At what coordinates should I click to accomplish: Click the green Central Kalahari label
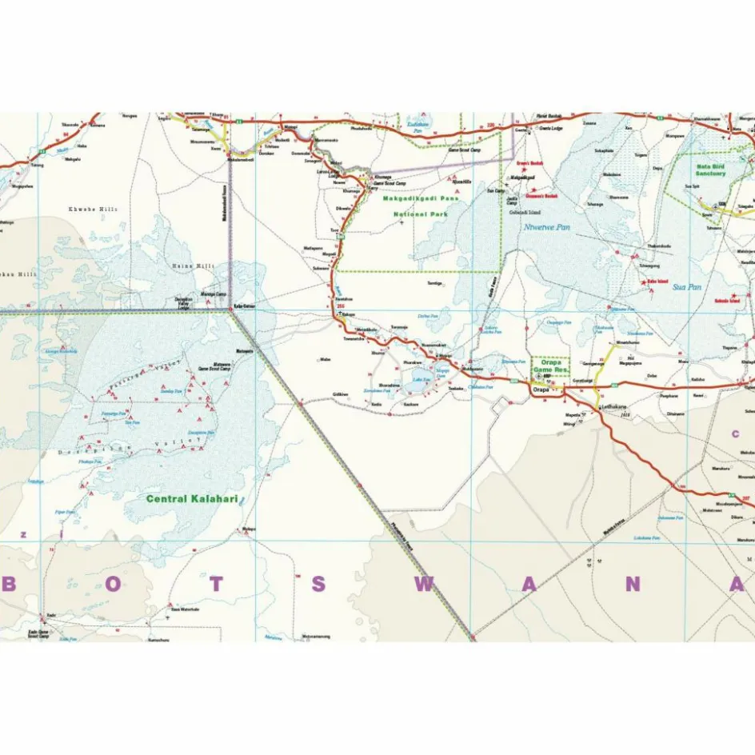(x=194, y=498)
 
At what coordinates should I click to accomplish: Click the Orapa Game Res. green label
(x=551, y=367)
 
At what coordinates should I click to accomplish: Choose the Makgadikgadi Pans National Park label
(x=415, y=206)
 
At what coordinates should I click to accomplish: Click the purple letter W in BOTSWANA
(x=424, y=585)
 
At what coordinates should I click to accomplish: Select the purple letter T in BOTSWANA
(x=218, y=585)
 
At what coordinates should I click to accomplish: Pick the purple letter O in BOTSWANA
(x=113, y=585)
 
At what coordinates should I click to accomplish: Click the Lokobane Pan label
(x=646, y=538)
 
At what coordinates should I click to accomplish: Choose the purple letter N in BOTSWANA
(x=632, y=585)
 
